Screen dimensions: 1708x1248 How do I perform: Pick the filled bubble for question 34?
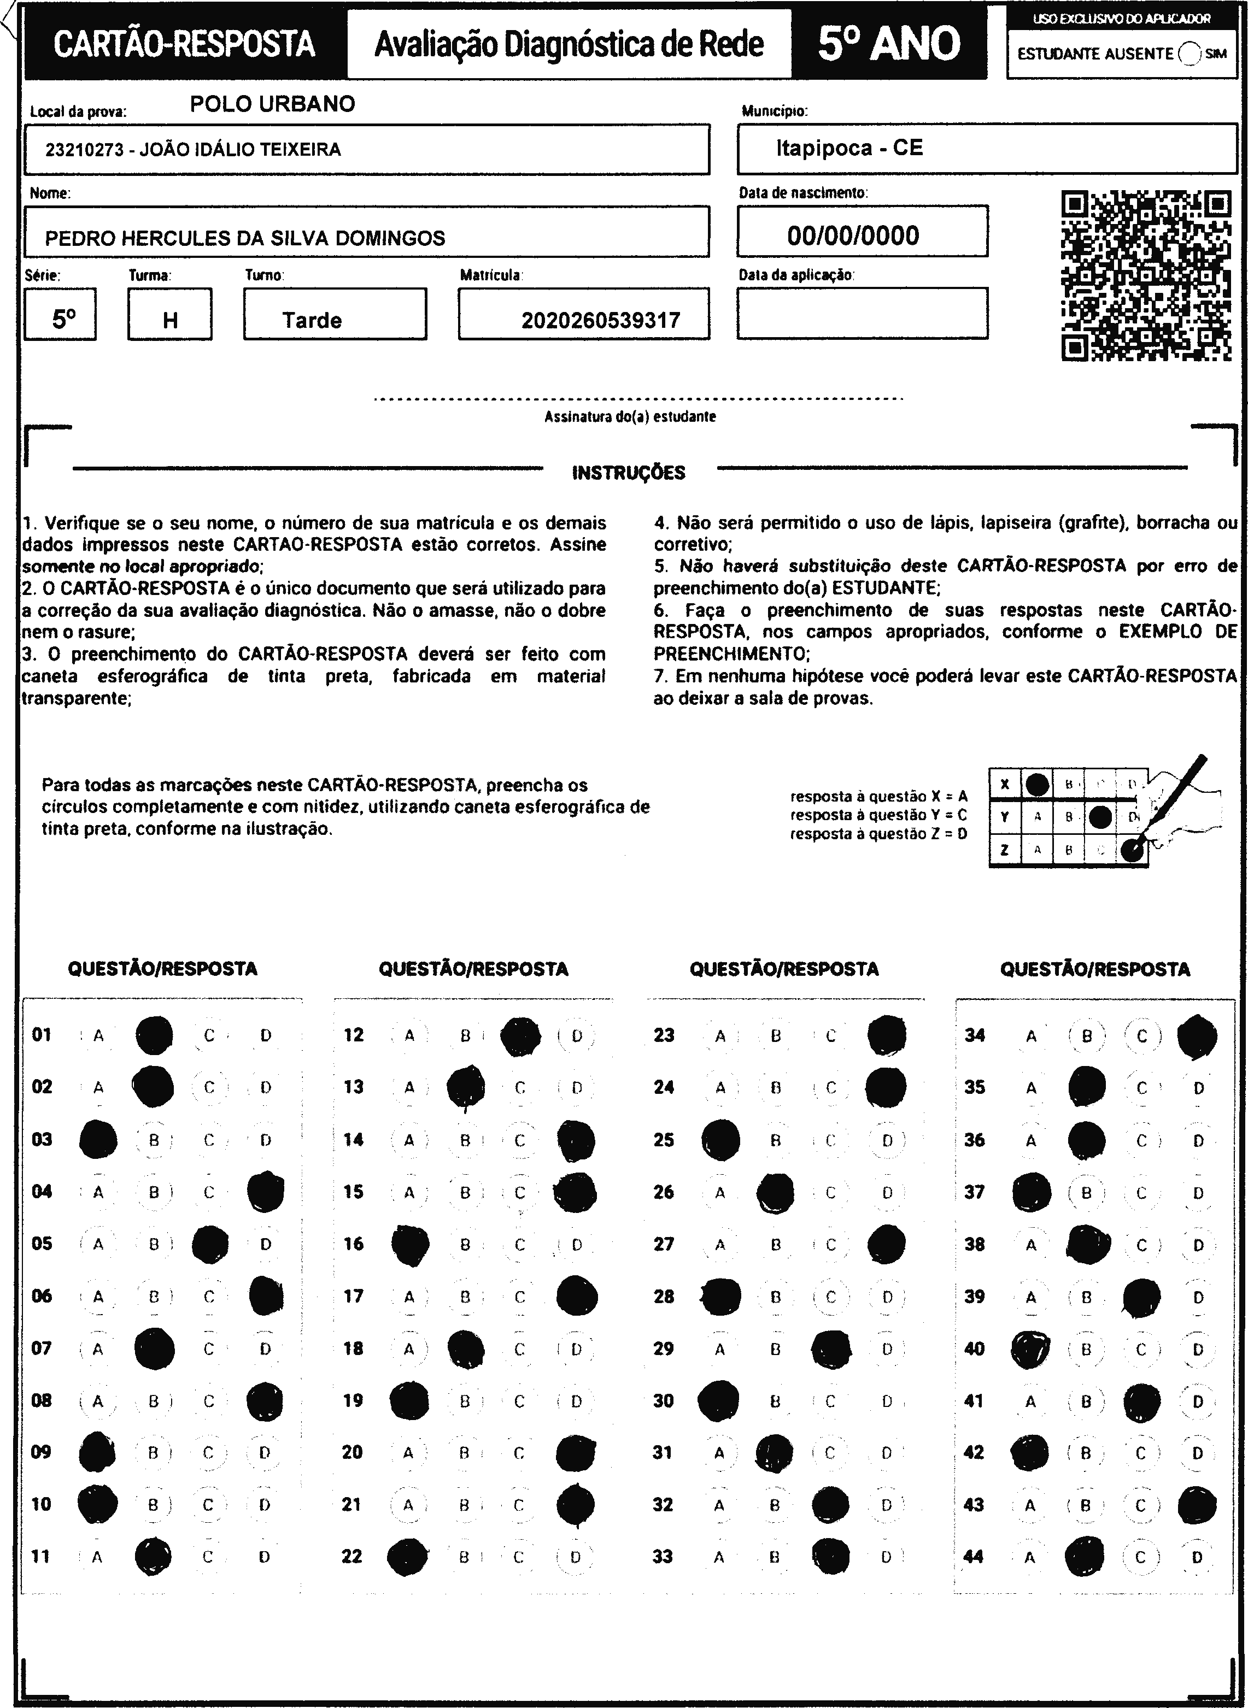[1197, 1036]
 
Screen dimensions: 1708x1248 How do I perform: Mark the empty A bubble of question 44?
[1030, 1557]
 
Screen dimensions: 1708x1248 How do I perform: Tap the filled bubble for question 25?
[720, 1139]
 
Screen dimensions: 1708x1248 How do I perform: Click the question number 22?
[352, 1556]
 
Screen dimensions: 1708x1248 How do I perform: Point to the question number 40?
[975, 1348]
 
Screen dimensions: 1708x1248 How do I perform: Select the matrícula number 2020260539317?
[601, 321]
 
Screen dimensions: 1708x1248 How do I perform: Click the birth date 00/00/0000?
[853, 235]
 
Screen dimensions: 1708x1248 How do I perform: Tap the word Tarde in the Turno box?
[312, 321]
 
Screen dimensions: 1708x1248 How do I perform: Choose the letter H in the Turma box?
[170, 321]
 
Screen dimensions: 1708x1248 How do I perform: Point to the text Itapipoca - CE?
[849, 148]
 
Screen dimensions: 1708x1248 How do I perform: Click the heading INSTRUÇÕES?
[629, 473]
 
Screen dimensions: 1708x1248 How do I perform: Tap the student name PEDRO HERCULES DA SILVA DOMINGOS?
[245, 239]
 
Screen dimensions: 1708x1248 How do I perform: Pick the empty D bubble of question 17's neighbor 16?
[576, 1244]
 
